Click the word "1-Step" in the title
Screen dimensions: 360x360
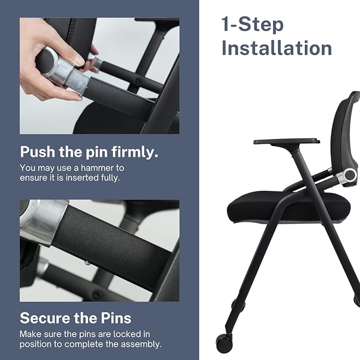click(252, 24)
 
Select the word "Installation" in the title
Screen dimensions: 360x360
click(276, 48)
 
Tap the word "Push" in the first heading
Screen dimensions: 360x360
click(38, 152)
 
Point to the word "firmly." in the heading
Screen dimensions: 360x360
click(134, 152)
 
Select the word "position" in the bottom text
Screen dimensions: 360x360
click(35, 344)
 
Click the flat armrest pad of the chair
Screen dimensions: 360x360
click(286, 142)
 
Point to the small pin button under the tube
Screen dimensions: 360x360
click(86, 261)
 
